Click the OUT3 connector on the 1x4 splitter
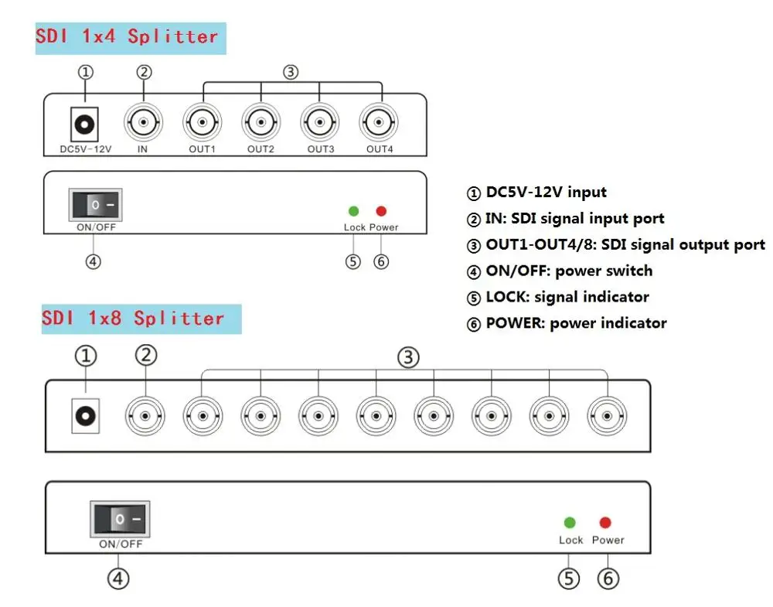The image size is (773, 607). coord(320,121)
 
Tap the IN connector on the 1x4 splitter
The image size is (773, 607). coord(143,121)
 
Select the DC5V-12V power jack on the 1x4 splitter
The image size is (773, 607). coord(83,122)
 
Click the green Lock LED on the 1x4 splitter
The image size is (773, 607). coord(354,211)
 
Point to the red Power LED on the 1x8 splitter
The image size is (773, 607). coord(605,523)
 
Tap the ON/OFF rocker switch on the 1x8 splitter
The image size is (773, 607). coord(120,519)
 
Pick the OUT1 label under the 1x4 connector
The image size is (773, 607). coord(202,148)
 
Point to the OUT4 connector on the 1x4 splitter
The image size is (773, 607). coord(379,121)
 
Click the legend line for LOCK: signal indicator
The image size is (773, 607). coord(558,297)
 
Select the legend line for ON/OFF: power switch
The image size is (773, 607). coord(560,271)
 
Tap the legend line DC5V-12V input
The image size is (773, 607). coord(536,192)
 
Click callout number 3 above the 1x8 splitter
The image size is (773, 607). coord(409,357)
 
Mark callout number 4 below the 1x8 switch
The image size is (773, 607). coord(117,578)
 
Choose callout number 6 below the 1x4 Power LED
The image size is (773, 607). coord(381,261)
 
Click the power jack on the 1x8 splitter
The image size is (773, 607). coord(85,417)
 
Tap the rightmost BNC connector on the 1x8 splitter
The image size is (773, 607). coord(607,417)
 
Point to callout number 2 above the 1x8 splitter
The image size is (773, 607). coord(145,356)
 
